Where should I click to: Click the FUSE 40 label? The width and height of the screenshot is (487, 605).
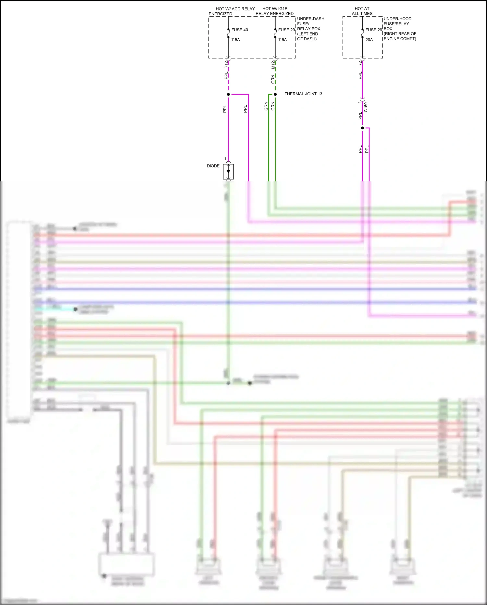(240, 30)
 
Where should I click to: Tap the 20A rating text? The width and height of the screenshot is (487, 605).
(369, 40)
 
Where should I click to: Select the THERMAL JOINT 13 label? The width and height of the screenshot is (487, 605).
(303, 94)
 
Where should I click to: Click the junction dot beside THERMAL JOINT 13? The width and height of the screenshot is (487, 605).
(275, 95)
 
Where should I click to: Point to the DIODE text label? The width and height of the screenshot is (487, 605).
(213, 166)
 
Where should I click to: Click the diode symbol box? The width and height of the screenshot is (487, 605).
(228, 172)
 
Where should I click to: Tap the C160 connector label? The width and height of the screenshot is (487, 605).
(366, 107)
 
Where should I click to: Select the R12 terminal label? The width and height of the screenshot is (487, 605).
(226, 64)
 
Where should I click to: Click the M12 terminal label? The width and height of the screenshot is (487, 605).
(273, 65)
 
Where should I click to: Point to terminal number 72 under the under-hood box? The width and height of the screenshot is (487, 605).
(360, 63)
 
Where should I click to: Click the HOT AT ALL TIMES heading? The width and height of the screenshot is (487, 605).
(362, 11)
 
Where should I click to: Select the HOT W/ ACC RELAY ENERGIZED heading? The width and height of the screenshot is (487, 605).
(232, 11)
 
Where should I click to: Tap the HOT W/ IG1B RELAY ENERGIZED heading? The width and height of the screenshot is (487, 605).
(275, 11)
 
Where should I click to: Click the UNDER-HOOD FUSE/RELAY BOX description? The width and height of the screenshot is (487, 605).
(400, 29)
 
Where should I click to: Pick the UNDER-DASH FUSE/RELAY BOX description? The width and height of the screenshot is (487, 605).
(311, 29)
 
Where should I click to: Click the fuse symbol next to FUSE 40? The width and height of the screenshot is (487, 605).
(229, 33)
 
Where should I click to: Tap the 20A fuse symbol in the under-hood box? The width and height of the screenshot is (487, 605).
(362, 33)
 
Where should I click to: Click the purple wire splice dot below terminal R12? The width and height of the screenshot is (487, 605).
(229, 95)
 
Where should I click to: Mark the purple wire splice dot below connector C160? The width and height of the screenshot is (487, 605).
(362, 128)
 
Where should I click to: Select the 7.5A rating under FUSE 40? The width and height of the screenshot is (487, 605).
(236, 40)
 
